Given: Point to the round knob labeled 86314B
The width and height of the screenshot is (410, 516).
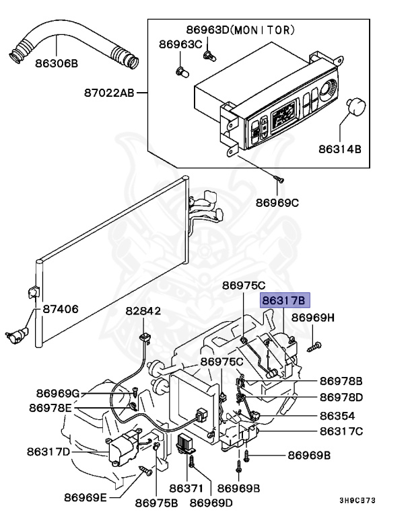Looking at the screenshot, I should coord(355,107).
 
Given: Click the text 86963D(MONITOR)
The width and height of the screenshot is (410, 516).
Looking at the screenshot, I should coord(240,30).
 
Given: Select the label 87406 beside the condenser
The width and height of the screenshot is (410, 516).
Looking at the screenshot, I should coord(61,310).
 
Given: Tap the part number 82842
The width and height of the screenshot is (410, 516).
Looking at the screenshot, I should coord(143,312).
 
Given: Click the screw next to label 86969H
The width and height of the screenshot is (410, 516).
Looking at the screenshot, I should coord(316,347).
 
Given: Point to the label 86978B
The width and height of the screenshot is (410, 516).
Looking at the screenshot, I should coord(341,381).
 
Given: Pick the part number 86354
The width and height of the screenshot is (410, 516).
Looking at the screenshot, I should coord(337,415).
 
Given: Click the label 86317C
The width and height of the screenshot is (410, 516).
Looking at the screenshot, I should coord(341,431).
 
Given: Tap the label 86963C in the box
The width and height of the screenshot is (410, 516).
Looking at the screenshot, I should coord(180,44).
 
